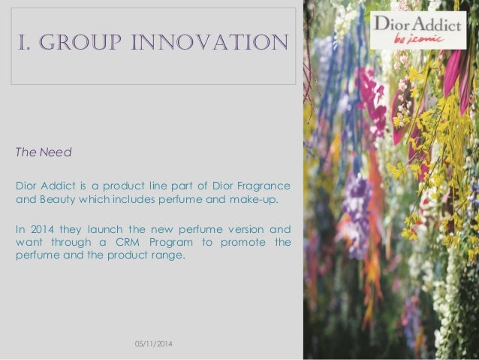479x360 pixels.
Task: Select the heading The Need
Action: point(44,153)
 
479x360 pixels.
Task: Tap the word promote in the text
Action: point(243,241)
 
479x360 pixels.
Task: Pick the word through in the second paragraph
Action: point(77,241)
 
